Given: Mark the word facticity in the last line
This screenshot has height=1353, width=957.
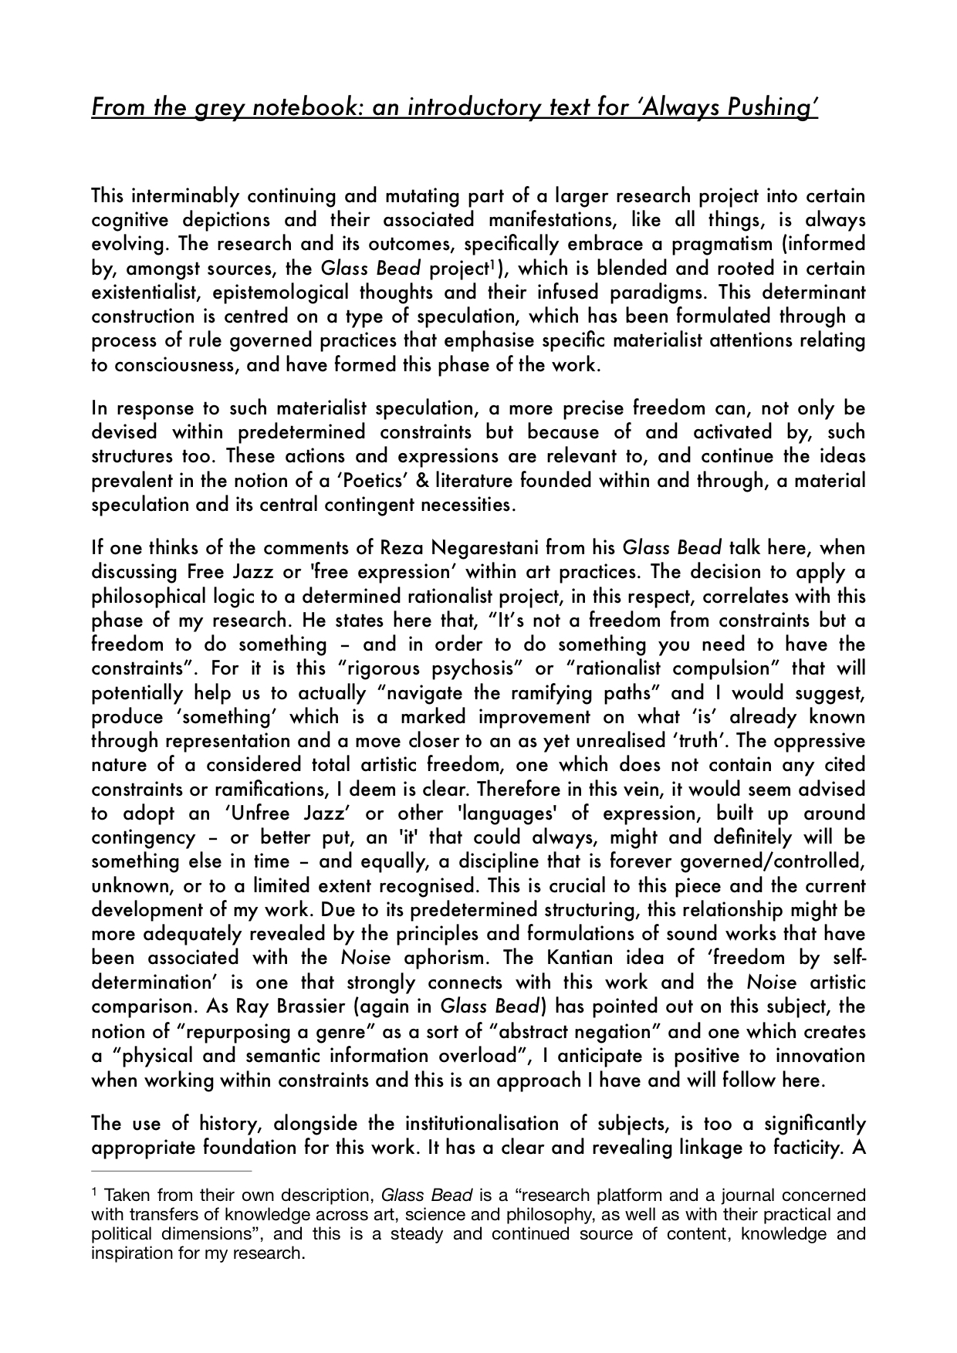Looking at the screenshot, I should click(x=804, y=1147).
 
